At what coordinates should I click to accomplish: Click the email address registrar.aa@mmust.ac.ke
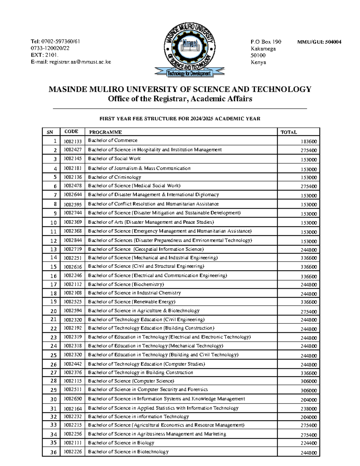(x=80, y=62)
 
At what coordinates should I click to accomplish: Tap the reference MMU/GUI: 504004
(x=319, y=42)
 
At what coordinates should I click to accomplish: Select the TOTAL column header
(x=289, y=132)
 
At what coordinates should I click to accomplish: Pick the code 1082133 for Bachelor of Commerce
(x=72, y=141)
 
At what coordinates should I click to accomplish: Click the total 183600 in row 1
(x=309, y=142)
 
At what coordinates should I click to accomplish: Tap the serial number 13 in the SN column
(x=53, y=249)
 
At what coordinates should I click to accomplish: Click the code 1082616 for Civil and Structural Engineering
(x=72, y=267)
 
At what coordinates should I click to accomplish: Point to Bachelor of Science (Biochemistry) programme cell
(x=126, y=284)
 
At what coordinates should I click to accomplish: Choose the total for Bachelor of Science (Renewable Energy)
(x=309, y=302)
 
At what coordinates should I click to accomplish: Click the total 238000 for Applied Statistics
(x=309, y=409)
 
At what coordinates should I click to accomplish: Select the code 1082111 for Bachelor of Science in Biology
(x=72, y=443)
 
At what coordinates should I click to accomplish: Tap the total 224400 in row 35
(x=309, y=443)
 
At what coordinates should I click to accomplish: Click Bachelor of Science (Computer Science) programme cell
(x=131, y=381)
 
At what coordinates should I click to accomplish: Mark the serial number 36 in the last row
(x=53, y=452)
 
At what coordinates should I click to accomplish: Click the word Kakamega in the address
(x=263, y=49)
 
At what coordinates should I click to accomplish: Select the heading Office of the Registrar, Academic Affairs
(x=180, y=99)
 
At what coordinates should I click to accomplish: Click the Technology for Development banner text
(x=189, y=74)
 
